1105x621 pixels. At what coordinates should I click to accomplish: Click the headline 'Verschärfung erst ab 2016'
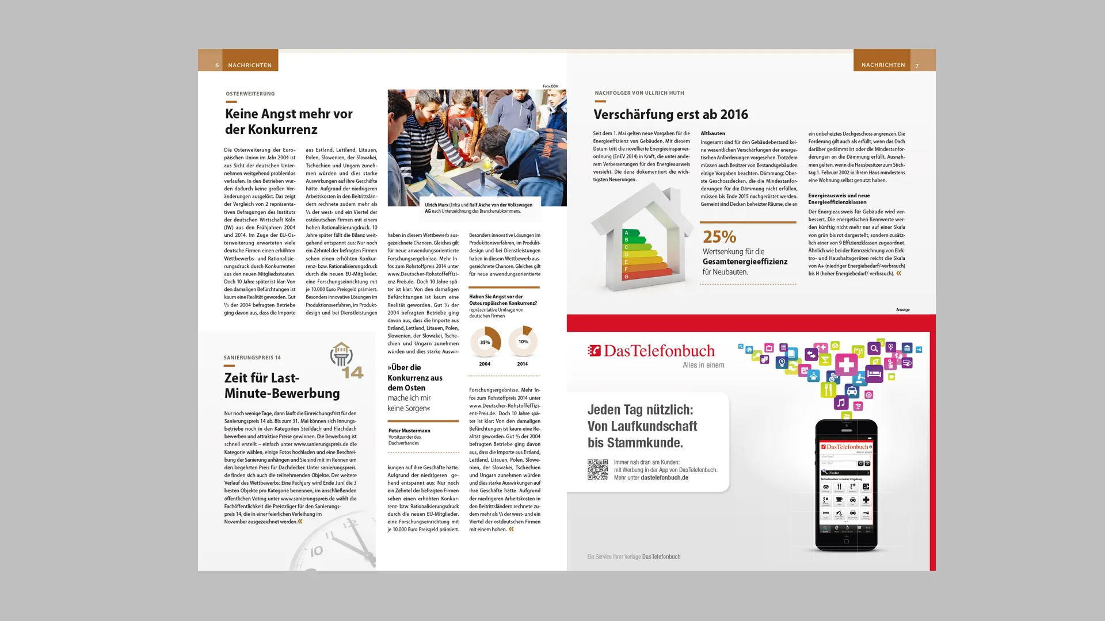pos(670,114)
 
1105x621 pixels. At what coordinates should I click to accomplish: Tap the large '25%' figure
pos(719,237)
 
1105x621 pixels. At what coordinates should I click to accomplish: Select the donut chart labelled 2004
pos(485,342)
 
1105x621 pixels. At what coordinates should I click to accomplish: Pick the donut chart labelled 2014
pos(523,342)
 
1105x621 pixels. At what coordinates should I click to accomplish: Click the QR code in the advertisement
pos(597,470)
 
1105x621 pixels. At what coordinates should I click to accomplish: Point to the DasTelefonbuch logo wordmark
pos(651,351)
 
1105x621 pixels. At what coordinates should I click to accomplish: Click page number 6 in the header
pos(217,66)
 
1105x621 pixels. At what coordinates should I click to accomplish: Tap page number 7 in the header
pos(917,66)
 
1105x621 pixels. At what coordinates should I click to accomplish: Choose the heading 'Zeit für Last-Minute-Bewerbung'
pos(282,386)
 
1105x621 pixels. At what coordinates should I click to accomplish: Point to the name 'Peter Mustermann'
pos(409,431)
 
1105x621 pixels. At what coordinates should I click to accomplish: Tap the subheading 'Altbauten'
pos(712,133)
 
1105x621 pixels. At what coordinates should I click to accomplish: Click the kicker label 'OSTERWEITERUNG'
pos(250,94)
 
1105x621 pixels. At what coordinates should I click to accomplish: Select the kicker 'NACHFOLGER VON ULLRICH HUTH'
pos(639,93)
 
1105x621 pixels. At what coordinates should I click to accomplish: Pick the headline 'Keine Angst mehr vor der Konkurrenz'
pos(288,121)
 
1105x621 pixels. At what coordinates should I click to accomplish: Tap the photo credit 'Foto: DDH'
pos(550,86)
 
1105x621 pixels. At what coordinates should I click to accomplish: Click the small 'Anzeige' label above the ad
pos(902,310)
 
